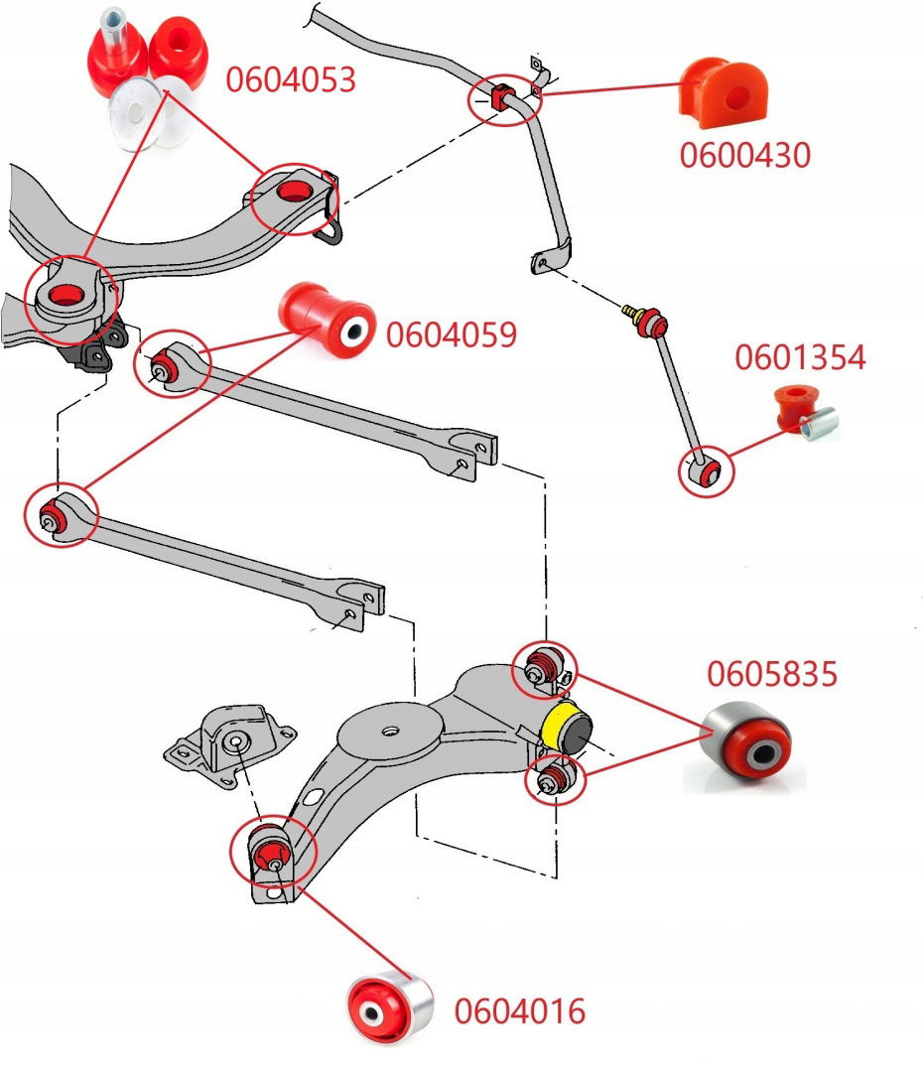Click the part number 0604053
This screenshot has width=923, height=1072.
coord(290,79)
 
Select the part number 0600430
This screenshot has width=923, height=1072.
coord(744,155)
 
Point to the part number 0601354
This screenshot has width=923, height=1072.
coord(800,358)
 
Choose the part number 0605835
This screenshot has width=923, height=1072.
coord(772,674)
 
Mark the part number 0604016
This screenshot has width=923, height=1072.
coord(520,1011)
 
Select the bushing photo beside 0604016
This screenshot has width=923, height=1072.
coord(390,1008)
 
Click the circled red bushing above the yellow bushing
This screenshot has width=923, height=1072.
coord(544,665)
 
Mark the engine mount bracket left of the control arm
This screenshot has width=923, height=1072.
coord(231,746)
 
